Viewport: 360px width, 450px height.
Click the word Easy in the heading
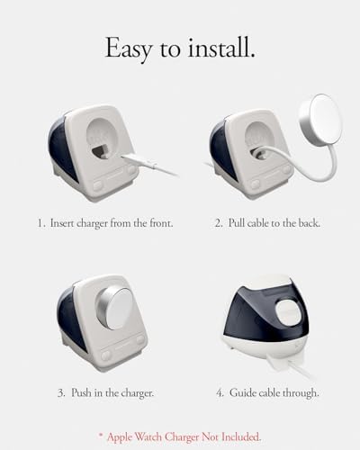tap(129, 49)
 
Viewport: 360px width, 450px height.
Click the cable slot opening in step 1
tap(101, 150)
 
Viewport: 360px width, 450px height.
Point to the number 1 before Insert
tap(40, 223)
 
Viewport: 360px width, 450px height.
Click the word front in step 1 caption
tap(160, 223)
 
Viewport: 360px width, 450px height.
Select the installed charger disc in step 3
tap(114, 307)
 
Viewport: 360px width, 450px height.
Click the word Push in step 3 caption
tap(81, 392)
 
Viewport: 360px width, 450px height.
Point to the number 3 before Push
tap(61, 393)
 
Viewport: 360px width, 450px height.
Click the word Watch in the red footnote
tap(148, 436)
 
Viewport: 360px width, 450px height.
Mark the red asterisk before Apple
tap(101, 435)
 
